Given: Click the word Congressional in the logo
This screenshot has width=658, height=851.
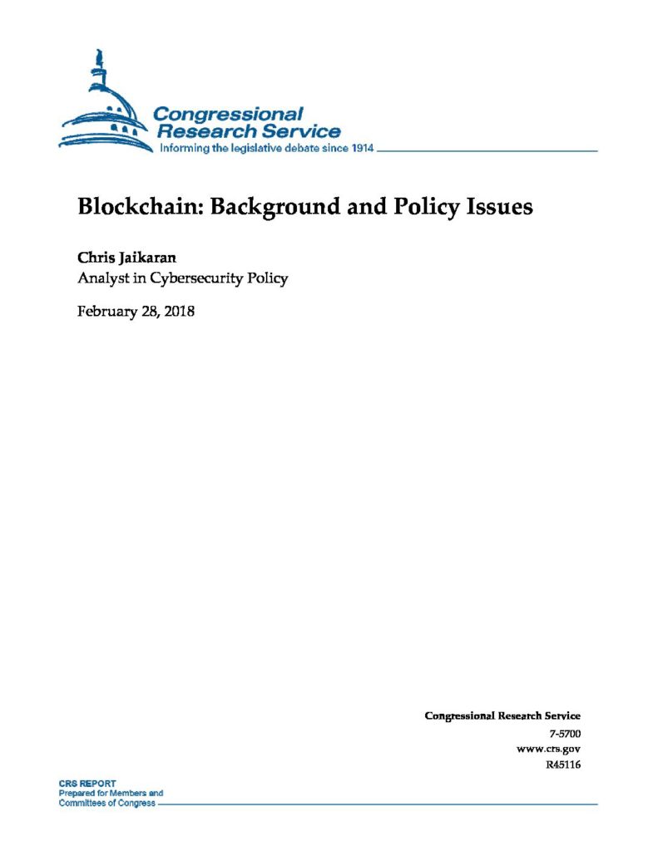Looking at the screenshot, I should coord(229,114).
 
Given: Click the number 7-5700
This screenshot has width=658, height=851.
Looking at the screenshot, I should coord(565,734).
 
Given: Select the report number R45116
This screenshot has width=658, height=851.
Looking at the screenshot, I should coord(559,765).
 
